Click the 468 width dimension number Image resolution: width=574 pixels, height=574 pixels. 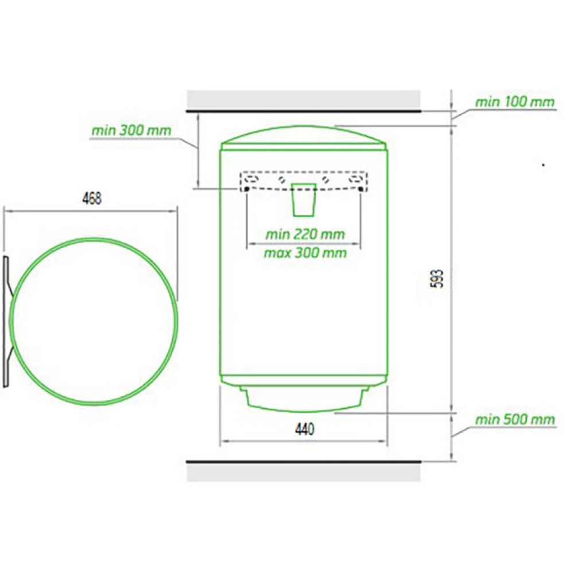(x=92, y=198)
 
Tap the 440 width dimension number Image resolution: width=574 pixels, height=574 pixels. (x=304, y=429)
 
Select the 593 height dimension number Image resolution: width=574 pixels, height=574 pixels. (x=438, y=278)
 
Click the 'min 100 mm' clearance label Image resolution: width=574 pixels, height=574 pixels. (x=515, y=102)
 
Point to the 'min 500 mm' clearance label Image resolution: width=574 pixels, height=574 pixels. (x=515, y=420)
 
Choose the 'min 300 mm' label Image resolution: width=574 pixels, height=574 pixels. (x=131, y=130)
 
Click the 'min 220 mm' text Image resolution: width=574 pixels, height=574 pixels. (x=305, y=234)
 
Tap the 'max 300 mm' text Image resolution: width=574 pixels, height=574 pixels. (x=305, y=253)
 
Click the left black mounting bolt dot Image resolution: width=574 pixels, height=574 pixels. (x=246, y=189)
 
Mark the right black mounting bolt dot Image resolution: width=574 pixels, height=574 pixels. (x=361, y=189)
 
